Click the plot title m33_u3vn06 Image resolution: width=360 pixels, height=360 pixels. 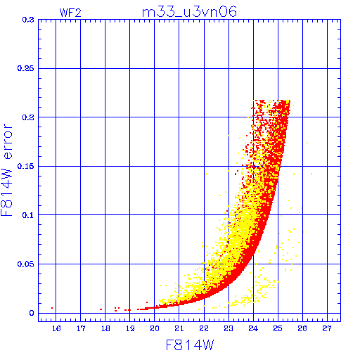pyautogui.click(x=189, y=12)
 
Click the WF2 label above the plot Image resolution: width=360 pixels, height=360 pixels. pyautogui.click(x=70, y=13)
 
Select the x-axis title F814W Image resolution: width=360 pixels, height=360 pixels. pyautogui.click(x=190, y=345)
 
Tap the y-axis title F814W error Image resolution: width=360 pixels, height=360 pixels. pyautogui.click(x=6, y=170)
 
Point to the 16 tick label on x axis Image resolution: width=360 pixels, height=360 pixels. pyautogui.click(x=56, y=328)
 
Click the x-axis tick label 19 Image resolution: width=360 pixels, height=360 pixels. pyautogui.click(x=130, y=328)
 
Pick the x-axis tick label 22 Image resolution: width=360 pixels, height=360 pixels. pyautogui.click(x=204, y=328)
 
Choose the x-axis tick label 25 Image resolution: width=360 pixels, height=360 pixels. pyautogui.click(x=278, y=328)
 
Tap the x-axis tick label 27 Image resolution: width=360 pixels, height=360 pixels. pyautogui.click(x=327, y=328)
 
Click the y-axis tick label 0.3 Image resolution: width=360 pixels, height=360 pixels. pyautogui.click(x=28, y=20)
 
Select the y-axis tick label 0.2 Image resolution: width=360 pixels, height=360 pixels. pyautogui.click(x=28, y=117)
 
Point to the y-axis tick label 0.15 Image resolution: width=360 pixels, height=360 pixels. pyautogui.click(x=25, y=166)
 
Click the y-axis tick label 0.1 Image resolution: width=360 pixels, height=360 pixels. pyautogui.click(x=28, y=215)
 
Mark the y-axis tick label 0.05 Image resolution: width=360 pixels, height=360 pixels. pyautogui.click(x=25, y=264)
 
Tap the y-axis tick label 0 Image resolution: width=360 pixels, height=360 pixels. pyautogui.click(x=32, y=313)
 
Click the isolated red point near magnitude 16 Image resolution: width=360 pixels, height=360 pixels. pyautogui.click(x=52, y=308)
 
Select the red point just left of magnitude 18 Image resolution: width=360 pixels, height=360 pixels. pyautogui.click(x=101, y=309)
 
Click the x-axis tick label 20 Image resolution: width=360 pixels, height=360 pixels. pyautogui.click(x=155, y=328)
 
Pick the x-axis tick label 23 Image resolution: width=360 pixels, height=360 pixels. pyautogui.click(x=229, y=328)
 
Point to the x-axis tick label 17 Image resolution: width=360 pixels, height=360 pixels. pyautogui.click(x=81, y=328)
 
